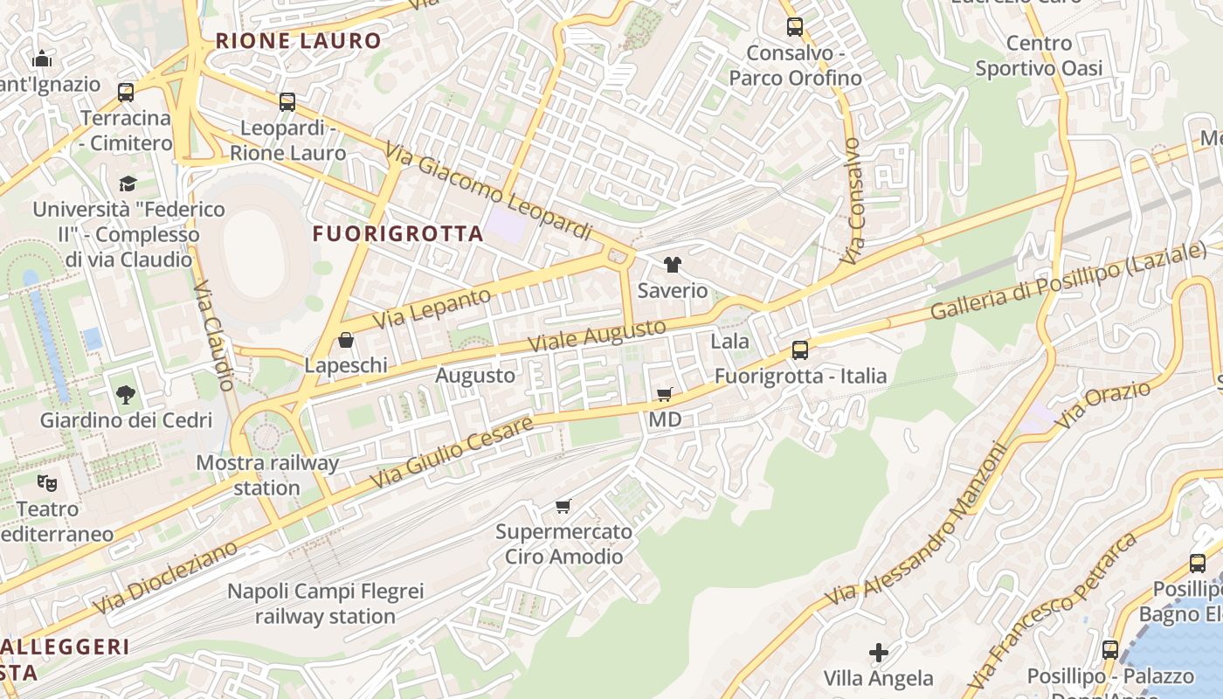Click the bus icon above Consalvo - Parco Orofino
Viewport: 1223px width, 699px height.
(x=794, y=27)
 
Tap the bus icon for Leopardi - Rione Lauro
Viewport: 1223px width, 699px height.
(x=287, y=102)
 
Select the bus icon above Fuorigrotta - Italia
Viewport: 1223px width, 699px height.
(x=799, y=350)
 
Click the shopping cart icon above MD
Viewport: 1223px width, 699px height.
(x=665, y=395)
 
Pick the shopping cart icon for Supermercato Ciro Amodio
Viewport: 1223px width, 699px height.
(x=563, y=507)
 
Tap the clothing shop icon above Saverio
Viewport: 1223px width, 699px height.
(x=672, y=265)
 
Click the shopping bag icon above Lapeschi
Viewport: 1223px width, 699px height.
(x=346, y=340)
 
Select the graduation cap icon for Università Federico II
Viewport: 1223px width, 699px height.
(x=128, y=183)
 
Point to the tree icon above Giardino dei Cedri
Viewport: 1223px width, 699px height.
(x=126, y=395)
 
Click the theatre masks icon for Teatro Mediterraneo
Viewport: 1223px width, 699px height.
(x=47, y=482)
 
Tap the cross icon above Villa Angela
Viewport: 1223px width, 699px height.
(x=879, y=653)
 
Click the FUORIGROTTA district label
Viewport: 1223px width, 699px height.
(x=397, y=233)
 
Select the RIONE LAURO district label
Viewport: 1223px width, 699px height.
(x=299, y=40)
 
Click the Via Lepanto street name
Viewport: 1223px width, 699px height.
(x=432, y=309)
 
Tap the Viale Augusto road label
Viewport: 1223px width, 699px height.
(x=599, y=336)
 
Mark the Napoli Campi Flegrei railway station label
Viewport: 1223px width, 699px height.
(x=325, y=604)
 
